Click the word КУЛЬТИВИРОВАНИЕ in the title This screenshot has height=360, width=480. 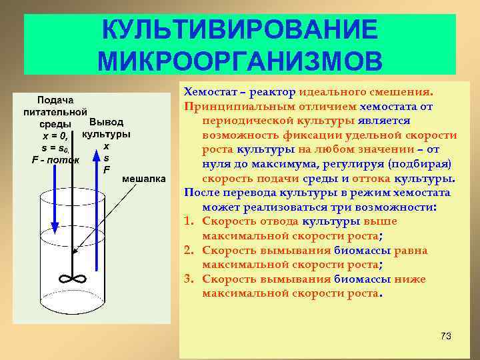pyautogui.click(x=240, y=30)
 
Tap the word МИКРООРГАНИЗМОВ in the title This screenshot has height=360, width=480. pyautogui.click(x=240, y=61)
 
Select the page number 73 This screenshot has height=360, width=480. pyautogui.click(x=445, y=336)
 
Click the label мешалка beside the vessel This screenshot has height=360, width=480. pyautogui.click(x=143, y=180)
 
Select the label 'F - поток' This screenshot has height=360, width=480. pyautogui.click(x=55, y=159)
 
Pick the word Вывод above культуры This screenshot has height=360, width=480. pyautogui.click(x=106, y=123)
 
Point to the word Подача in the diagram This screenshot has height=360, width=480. pyautogui.click(x=55, y=99)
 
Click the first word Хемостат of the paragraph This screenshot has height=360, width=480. pyautogui.click(x=207, y=91)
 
